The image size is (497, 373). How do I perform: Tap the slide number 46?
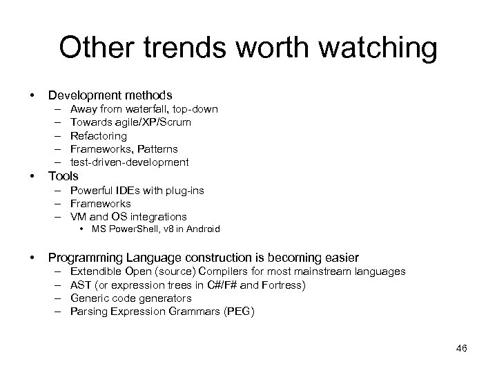[x=461, y=348]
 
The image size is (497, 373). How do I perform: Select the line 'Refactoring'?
[x=99, y=136]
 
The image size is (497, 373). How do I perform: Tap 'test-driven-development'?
[x=129, y=162]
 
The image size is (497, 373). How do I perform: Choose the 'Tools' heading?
[x=63, y=176]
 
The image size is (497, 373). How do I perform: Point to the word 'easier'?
[x=341, y=257]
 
